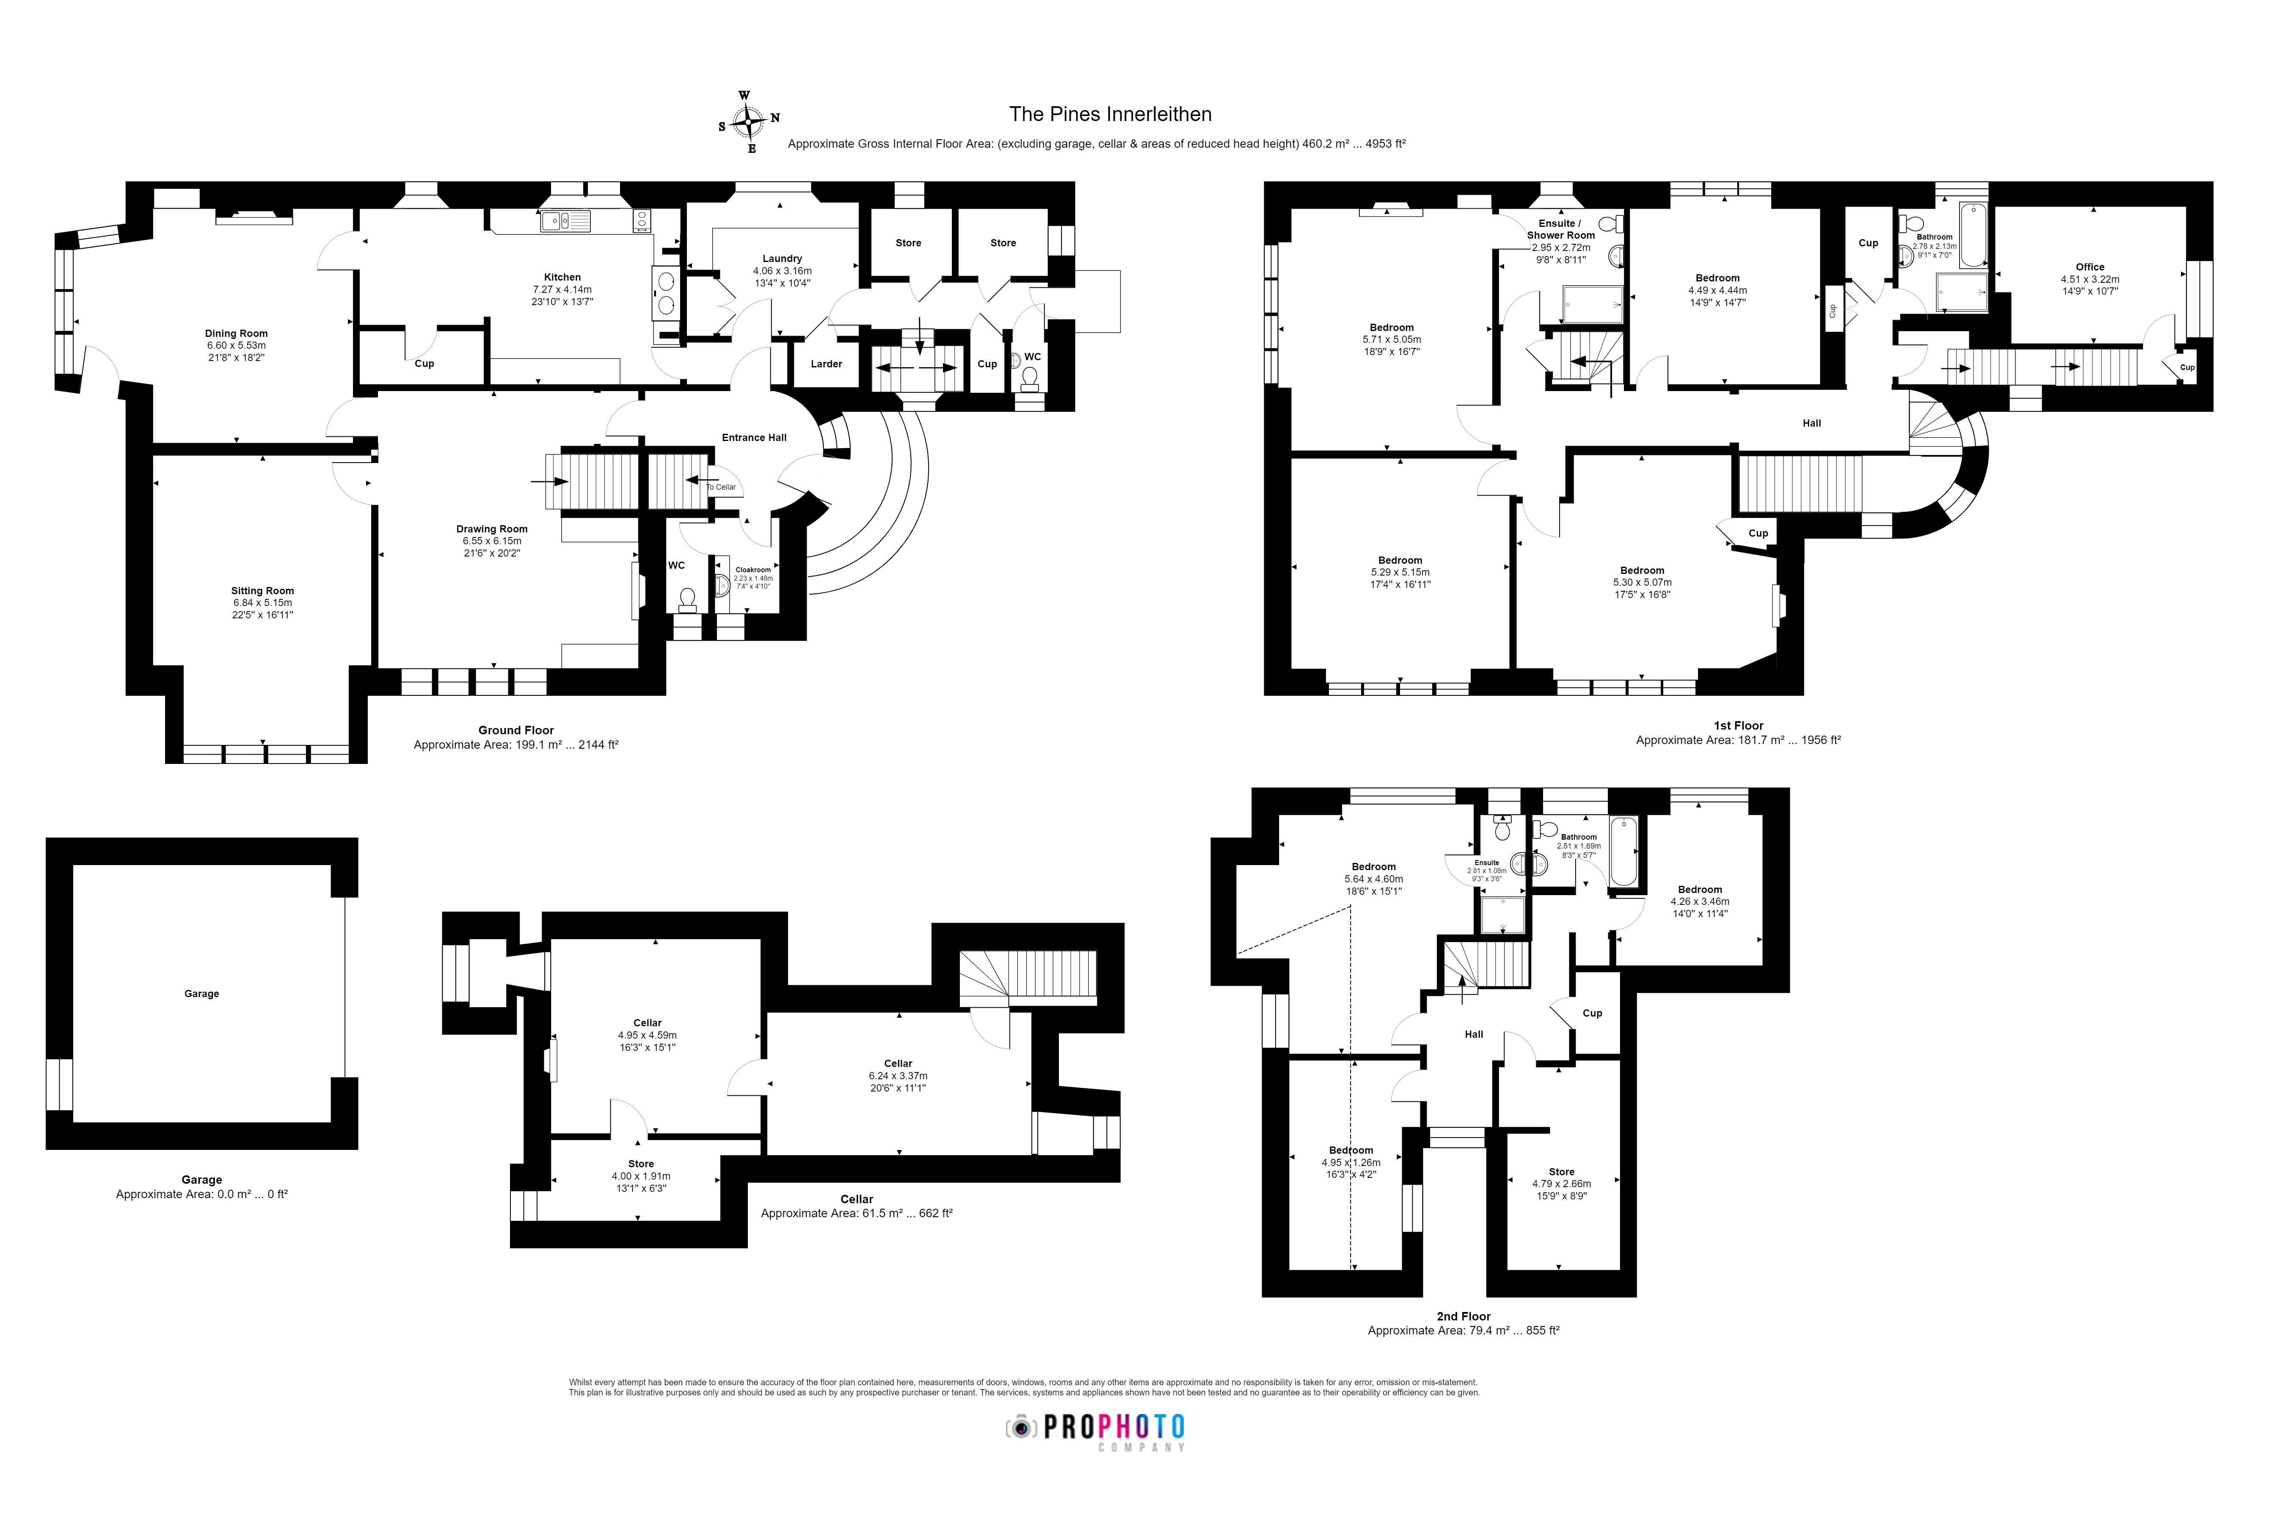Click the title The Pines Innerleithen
point(1110,114)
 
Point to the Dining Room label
point(236,334)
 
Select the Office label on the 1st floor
point(2089,267)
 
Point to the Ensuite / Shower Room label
point(1560,229)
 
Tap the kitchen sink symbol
point(565,221)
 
